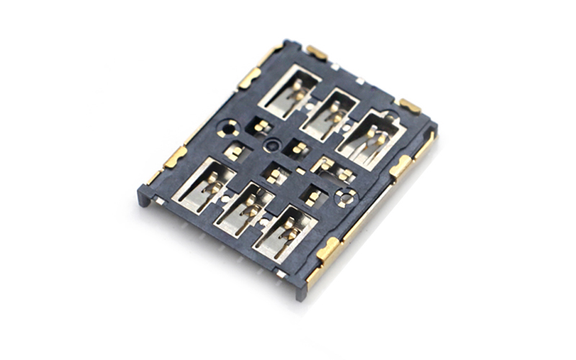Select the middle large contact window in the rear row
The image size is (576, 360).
point(330,114)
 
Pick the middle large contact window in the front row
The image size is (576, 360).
point(245,209)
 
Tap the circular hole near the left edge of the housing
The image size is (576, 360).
point(228,130)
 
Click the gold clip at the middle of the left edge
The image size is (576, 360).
point(175,156)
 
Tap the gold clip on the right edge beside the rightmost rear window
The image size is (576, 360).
point(401,166)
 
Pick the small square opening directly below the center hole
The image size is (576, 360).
point(274,175)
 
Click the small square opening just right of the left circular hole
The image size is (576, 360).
point(261,127)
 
